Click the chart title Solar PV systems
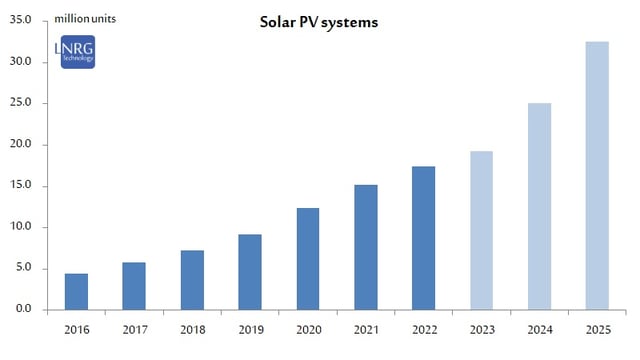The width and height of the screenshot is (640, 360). (318, 22)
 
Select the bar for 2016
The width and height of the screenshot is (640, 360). (76, 291)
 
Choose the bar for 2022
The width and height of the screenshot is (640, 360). (423, 237)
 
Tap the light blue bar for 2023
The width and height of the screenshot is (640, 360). (481, 230)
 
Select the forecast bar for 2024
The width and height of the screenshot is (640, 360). (539, 206)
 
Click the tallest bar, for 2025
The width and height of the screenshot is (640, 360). (597, 175)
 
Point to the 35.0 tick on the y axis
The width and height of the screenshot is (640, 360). (19, 20)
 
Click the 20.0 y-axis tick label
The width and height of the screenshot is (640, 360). (19, 144)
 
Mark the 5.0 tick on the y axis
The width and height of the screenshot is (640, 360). (22, 268)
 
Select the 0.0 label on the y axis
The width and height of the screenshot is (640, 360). (22, 309)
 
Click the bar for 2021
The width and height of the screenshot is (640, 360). (366, 247)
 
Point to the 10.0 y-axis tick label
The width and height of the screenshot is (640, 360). (19, 227)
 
